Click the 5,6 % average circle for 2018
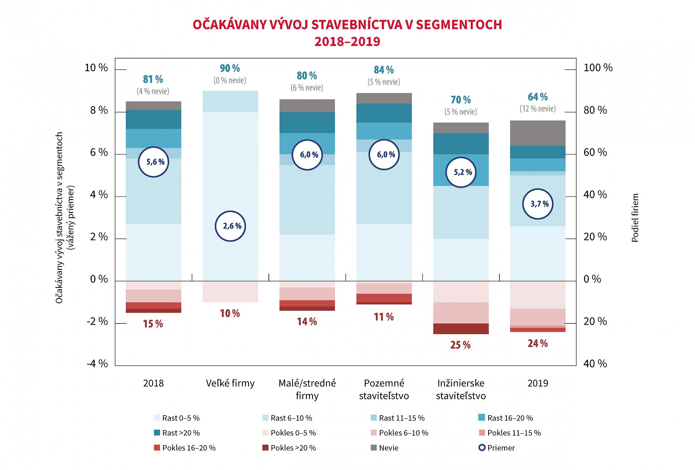pyautogui.click(x=153, y=162)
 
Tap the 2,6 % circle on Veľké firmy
pyautogui.click(x=231, y=226)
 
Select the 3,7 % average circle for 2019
pyautogui.click(x=538, y=204)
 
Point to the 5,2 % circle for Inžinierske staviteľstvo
pyautogui.click(x=461, y=172)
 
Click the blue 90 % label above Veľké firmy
pyautogui.click(x=230, y=68)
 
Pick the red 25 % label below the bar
pyautogui.click(x=460, y=345)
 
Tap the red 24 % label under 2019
pyautogui.click(x=538, y=343)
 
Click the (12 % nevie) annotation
pyautogui.click(x=538, y=109)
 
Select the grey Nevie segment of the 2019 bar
pyautogui.click(x=538, y=133)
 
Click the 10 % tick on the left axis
pyautogui.click(x=96, y=68)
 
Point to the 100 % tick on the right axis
pyautogui.click(x=598, y=68)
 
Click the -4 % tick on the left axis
pyautogui.click(x=97, y=363)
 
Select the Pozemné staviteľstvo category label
pyautogui.click(x=384, y=389)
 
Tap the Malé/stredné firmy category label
pyautogui.click(x=307, y=389)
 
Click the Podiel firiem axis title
pyautogui.click(x=635, y=218)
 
